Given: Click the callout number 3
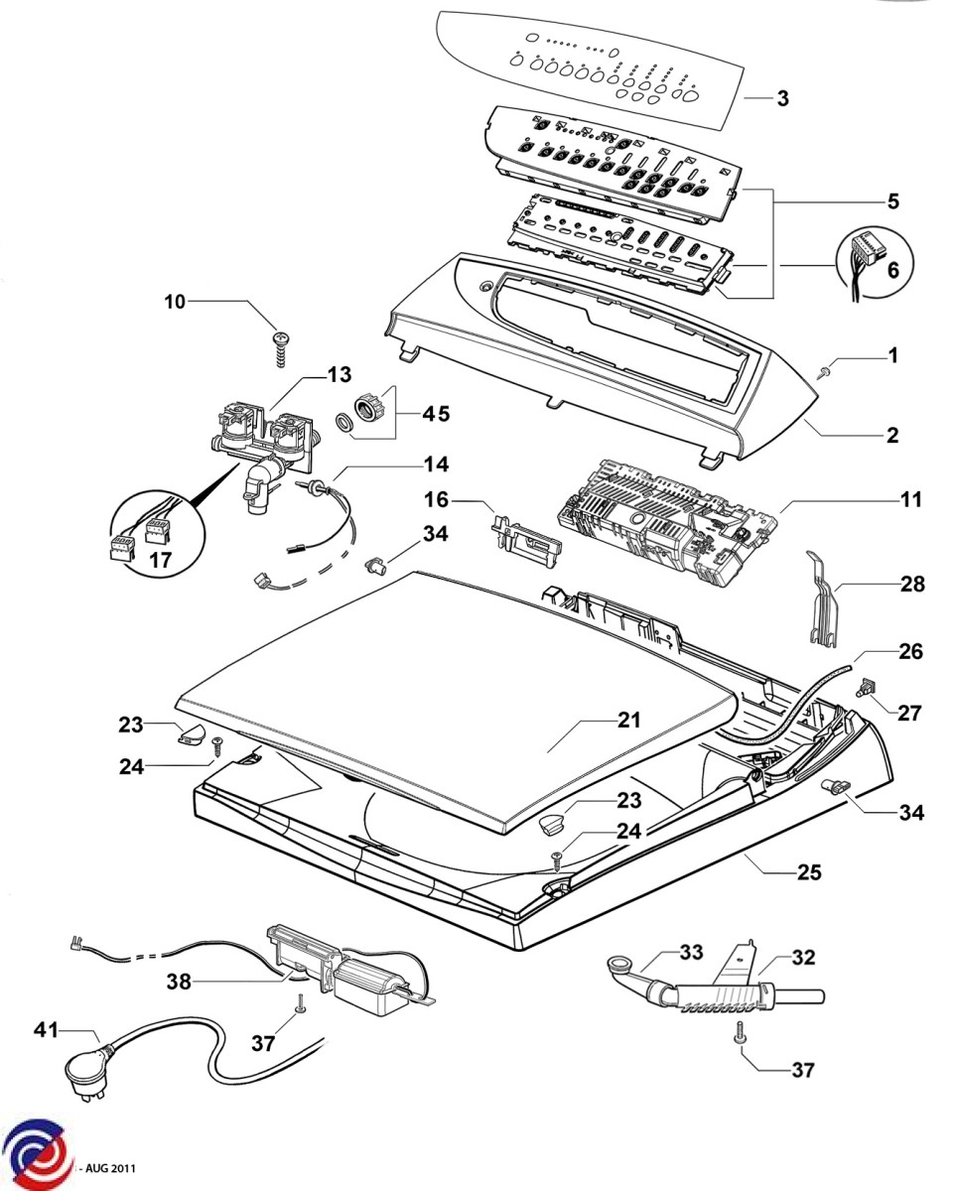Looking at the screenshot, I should pos(782,99).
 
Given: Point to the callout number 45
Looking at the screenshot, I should pos(437,414).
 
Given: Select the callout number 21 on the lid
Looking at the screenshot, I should pos(628,721).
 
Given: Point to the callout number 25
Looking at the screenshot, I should pos(809,873).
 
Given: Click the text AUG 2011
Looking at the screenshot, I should pos(112,1170).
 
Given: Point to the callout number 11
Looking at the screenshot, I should pos(911,499).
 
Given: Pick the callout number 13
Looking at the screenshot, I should pos(339,375).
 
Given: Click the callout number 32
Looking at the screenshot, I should pos(803,959).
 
